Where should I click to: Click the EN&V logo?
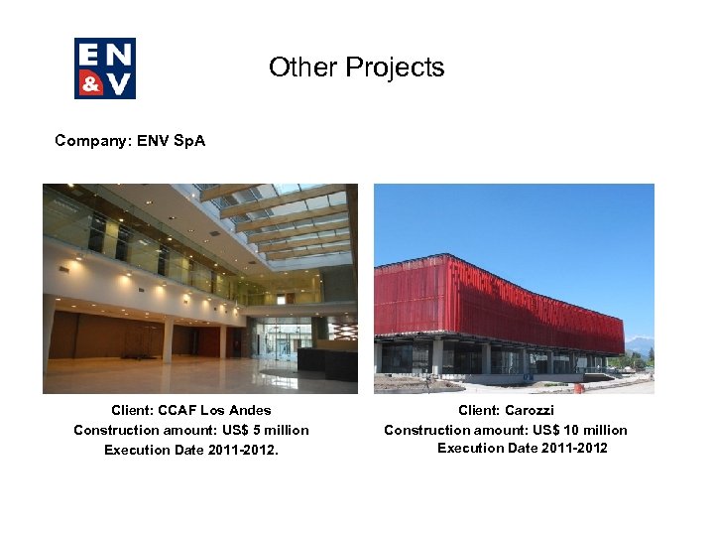pos(104,68)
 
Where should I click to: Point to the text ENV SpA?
pos(172,141)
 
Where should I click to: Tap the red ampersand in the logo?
pos(90,83)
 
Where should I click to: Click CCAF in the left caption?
pos(178,410)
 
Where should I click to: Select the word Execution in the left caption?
pos(136,450)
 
